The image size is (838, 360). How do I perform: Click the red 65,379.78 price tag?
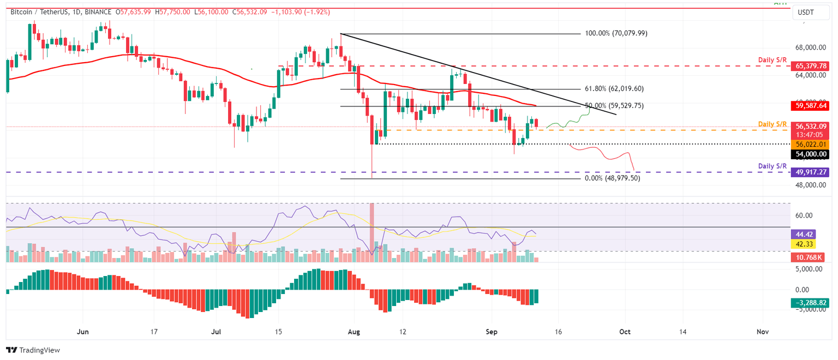click(812, 66)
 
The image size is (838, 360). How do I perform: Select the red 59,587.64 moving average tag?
click(812, 106)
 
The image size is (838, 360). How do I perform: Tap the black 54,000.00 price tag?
click(812, 154)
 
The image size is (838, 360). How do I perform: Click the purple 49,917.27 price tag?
click(812, 172)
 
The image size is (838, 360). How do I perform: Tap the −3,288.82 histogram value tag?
click(812, 302)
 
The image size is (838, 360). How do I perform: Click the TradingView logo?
click(33, 350)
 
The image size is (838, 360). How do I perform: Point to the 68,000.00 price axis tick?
click(812, 47)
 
